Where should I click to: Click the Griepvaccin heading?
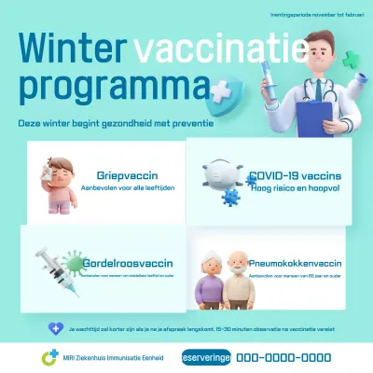tap(127, 175)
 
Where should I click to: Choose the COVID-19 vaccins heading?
tap(294, 175)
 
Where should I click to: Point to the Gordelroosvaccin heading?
tap(129, 264)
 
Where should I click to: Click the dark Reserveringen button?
tap(206, 356)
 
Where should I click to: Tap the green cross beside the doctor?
tap(351, 61)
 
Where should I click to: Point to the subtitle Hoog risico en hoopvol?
tap(292, 186)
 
